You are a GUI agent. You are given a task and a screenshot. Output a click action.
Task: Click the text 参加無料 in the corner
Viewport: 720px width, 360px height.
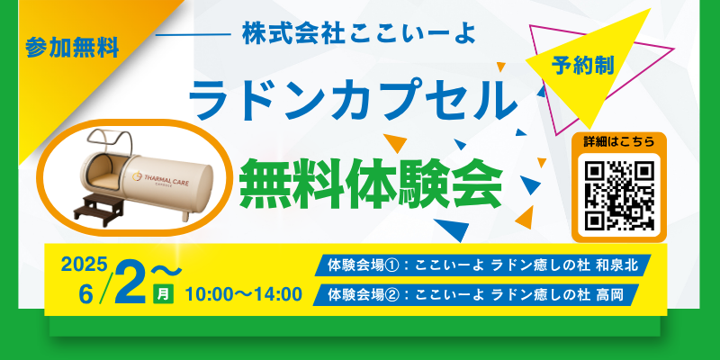tap(73, 48)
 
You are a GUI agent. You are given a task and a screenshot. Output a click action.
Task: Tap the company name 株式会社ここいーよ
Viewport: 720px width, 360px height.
tap(358, 34)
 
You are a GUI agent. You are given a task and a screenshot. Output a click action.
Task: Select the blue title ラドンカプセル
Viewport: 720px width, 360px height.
tap(353, 100)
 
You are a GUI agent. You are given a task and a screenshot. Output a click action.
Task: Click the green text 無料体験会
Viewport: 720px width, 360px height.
tap(371, 183)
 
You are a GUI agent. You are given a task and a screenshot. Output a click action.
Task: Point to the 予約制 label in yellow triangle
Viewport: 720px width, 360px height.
tap(582, 66)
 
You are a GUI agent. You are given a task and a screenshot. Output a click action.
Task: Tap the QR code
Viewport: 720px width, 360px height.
tap(618, 195)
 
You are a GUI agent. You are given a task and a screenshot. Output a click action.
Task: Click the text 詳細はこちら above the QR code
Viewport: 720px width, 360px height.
tap(618, 141)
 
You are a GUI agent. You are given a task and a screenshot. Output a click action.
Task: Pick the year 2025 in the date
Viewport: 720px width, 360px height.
tap(85, 264)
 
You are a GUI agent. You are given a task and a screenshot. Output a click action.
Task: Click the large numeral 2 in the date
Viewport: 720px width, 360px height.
tap(131, 283)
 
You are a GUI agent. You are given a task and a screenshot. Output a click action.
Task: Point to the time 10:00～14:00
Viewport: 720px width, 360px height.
tap(244, 295)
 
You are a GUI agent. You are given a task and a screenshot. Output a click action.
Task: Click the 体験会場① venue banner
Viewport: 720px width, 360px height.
tap(482, 265)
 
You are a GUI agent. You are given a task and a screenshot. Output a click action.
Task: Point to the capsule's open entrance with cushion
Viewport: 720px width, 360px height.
tap(104, 169)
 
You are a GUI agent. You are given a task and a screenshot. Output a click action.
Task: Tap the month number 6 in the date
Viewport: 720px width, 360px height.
tap(85, 294)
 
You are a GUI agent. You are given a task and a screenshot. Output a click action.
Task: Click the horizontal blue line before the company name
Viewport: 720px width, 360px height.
tap(193, 34)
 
